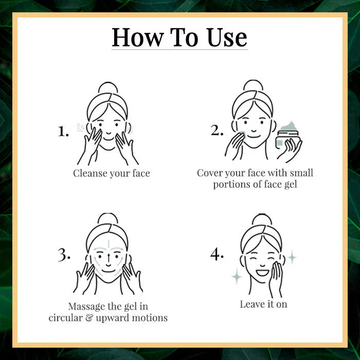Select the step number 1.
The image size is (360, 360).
point(63,132)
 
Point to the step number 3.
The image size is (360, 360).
point(64,254)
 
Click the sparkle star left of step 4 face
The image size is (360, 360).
point(237,277)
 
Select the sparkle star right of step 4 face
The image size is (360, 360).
point(292,256)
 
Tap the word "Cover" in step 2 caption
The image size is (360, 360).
point(210,173)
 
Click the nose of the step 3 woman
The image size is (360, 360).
point(108,259)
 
